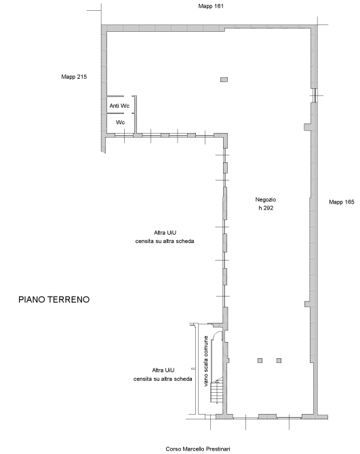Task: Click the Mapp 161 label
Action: [x=211, y=6]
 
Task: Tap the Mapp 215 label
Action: [x=74, y=77]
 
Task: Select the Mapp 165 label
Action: [x=342, y=202]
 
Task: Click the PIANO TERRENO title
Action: [x=54, y=299]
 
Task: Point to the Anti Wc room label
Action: [x=119, y=106]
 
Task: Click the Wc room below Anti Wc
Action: [x=120, y=122]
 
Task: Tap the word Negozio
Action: [x=266, y=200]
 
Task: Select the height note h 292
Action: [x=266, y=208]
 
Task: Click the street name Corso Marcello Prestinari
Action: [x=198, y=449]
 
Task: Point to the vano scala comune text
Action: [x=206, y=361]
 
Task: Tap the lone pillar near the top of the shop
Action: [x=224, y=79]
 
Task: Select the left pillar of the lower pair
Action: [x=260, y=360]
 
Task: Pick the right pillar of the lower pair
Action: [x=279, y=360]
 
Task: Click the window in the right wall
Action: [x=315, y=95]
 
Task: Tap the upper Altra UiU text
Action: [x=165, y=237]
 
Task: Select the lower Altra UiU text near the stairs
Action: [x=163, y=375]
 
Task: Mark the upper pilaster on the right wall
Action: [x=307, y=127]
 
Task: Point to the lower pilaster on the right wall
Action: [x=307, y=304]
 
